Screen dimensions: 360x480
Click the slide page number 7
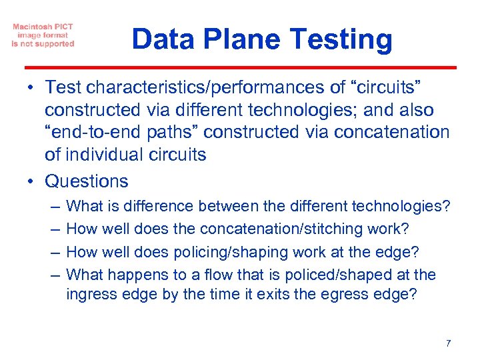pyautogui.click(x=448, y=343)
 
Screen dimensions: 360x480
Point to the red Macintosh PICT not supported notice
pyautogui.click(x=43, y=35)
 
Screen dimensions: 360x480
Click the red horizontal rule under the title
pyautogui.click(x=240, y=67)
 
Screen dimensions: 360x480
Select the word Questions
pyautogui.click(x=86, y=181)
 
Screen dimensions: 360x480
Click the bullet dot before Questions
pyautogui.click(x=32, y=181)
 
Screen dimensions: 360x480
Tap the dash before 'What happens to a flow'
pyautogui.click(x=53, y=274)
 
